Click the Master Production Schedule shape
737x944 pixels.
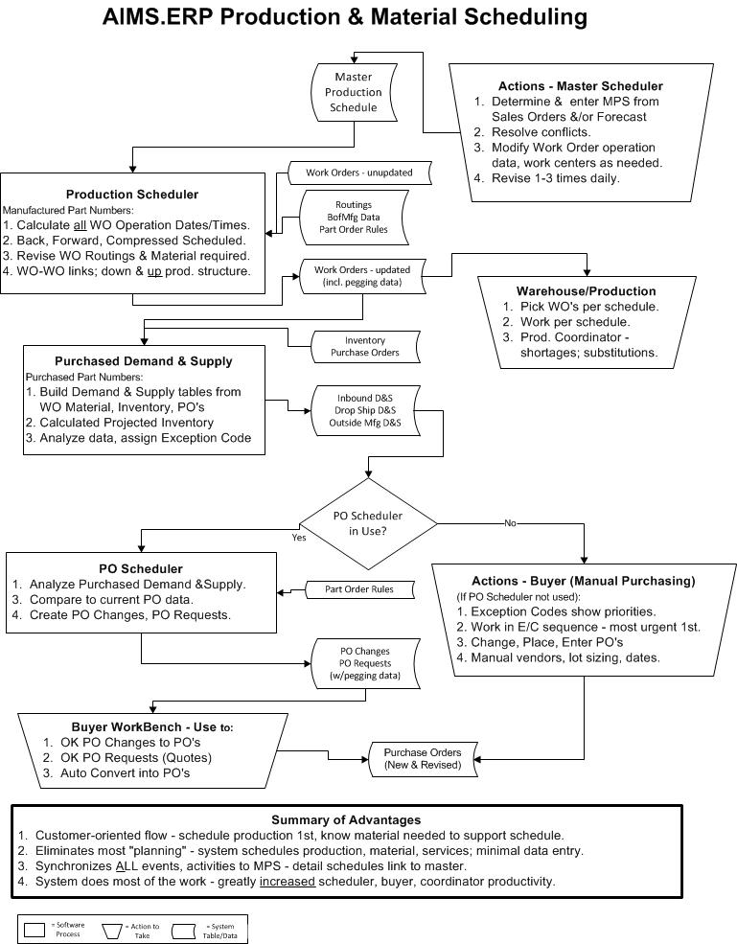pyautogui.click(x=354, y=92)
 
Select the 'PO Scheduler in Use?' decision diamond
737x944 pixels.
pyautogui.click(x=368, y=522)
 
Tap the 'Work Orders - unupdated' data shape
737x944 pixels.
pyautogui.click(x=358, y=173)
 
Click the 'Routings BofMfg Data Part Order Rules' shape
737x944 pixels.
pyautogui.click(x=353, y=218)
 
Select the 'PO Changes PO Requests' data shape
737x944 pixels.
pyautogui.click(x=365, y=663)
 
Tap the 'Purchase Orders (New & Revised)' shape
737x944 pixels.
pyautogui.click(x=422, y=758)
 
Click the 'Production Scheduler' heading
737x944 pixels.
pyautogui.click(x=132, y=195)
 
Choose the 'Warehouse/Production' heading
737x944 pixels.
pyautogui.click(x=586, y=290)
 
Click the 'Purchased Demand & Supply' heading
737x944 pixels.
pyautogui.click(x=143, y=361)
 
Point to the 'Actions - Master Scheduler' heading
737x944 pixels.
pyautogui.click(x=580, y=86)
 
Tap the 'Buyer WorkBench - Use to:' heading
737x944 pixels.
pyautogui.click(x=151, y=726)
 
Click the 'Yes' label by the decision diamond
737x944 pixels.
pyautogui.click(x=299, y=538)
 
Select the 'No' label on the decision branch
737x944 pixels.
pyautogui.click(x=510, y=523)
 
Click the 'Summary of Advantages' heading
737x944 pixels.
pyautogui.click(x=346, y=819)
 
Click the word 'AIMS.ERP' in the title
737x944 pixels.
pyautogui.click(x=158, y=16)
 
